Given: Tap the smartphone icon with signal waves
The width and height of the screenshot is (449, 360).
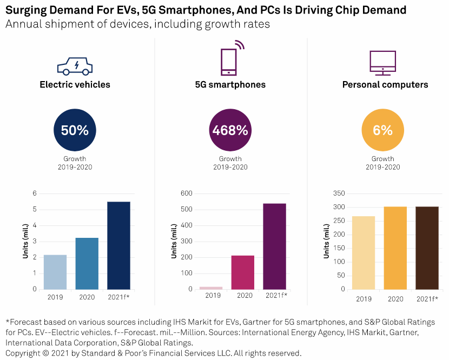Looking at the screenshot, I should [230, 59].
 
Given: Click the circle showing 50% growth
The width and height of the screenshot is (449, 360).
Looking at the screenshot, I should [75, 130].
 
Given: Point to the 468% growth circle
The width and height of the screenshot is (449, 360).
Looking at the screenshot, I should [230, 130].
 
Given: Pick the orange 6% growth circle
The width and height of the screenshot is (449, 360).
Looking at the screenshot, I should [382, 130].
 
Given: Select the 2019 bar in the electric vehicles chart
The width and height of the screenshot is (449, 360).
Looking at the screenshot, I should [55, 272].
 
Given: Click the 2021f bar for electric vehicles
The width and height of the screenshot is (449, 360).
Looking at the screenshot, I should [118, 245].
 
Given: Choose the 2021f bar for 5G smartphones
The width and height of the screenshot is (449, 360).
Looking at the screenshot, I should [275, 246].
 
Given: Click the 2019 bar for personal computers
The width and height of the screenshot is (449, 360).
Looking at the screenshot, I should [364, 252].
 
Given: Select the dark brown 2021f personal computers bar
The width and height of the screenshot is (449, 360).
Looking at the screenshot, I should [427, 248].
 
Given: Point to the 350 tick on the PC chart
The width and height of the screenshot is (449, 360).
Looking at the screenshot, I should [339, 193].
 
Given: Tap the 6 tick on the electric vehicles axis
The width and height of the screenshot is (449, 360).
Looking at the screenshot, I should [35, 193].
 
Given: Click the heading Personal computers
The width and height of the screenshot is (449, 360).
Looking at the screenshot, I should [385, 85].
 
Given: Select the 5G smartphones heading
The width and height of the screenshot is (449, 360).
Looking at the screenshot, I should [230, 85].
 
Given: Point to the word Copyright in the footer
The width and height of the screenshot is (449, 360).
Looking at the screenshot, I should [23, 353].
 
